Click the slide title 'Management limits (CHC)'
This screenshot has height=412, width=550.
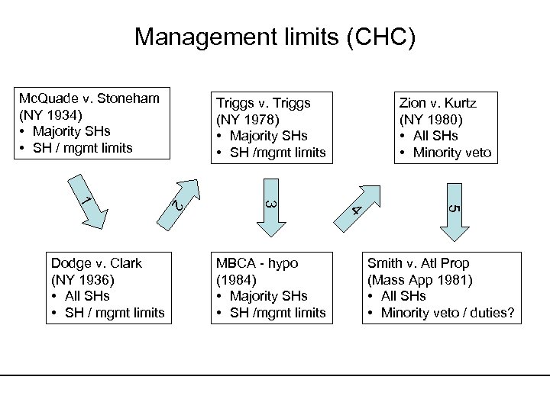(275, 37)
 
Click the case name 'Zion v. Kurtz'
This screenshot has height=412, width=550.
(438, 101)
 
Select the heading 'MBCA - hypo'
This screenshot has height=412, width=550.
(257, 262)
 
